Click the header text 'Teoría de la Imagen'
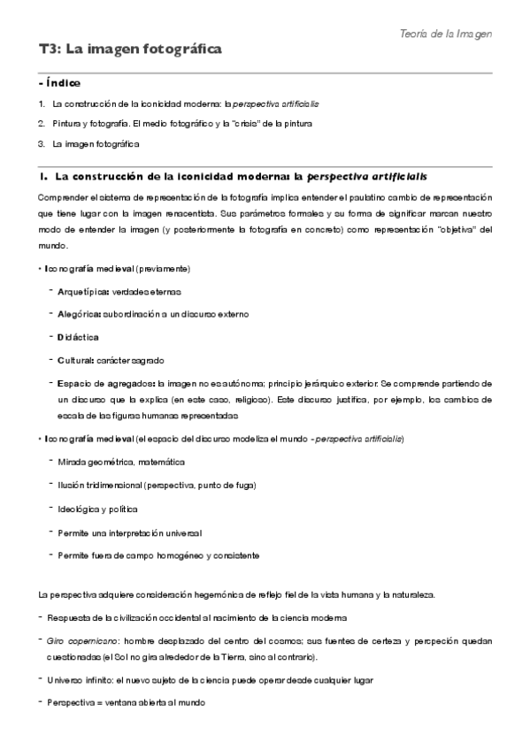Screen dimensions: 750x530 coord(445,33)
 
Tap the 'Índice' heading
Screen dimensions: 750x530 coord(62,83)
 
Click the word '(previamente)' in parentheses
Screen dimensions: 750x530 coord(163,269)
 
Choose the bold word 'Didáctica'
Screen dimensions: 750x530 coord(78,337)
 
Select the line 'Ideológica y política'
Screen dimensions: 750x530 coord(97,509)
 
